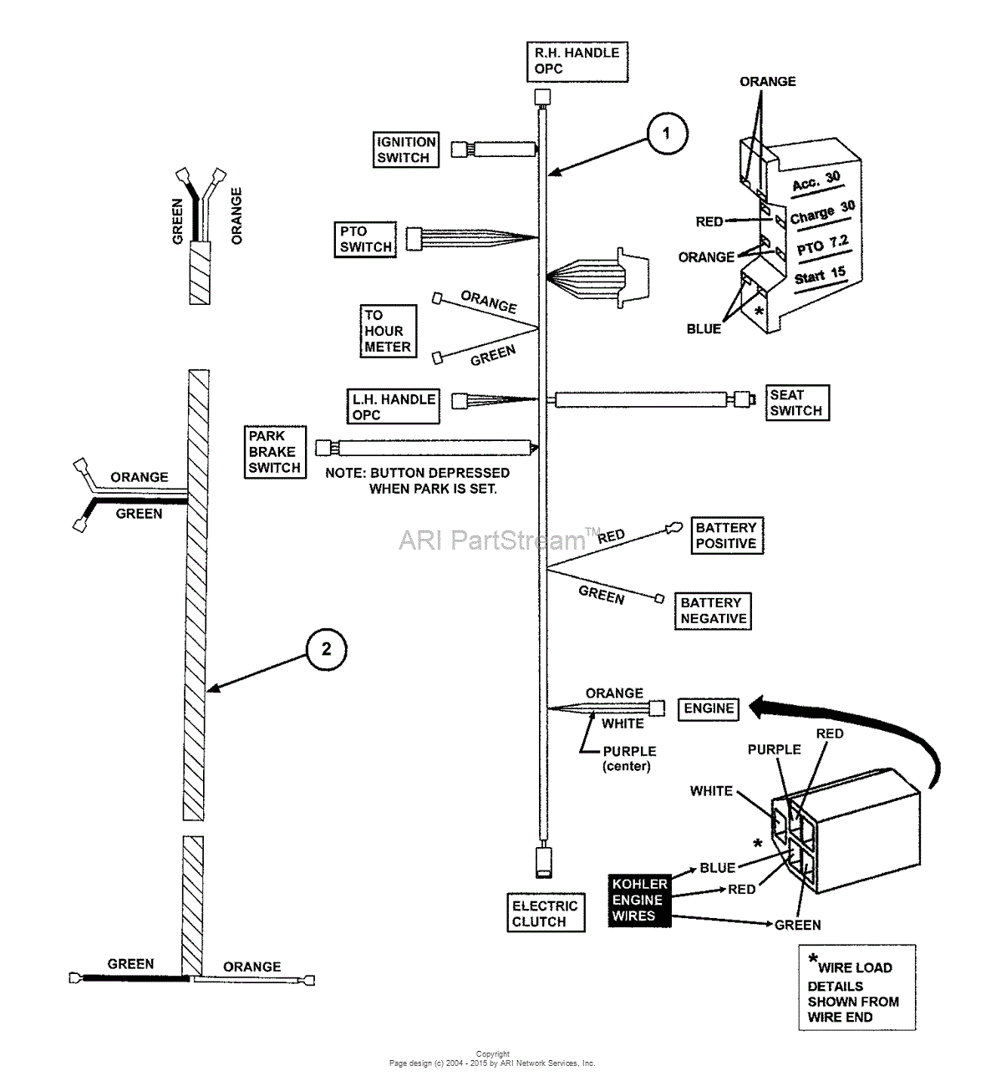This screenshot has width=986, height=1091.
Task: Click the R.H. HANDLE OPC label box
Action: (x=577, y=61)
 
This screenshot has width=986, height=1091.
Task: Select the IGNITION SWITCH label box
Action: (x=406, y=150)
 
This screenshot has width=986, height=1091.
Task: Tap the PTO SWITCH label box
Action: (x=365, y=239)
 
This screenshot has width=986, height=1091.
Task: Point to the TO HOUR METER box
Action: (x=388, y=332)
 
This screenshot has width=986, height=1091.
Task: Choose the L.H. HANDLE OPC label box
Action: (x=394, y=407)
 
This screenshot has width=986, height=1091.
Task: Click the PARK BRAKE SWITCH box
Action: (x=275, y=452)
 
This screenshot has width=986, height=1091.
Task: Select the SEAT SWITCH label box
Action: (x=797, y=403)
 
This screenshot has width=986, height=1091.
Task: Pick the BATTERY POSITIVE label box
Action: (x=726, y=535)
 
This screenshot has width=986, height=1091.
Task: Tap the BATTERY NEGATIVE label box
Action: (x=713, y=611)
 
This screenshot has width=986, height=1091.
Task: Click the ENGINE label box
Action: (x=709, y=708)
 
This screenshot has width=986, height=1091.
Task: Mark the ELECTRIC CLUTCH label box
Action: (x=545, y=914)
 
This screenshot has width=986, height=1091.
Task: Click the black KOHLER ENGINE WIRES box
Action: (x=639, y=900)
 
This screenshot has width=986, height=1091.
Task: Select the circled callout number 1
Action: (x=666, y=134)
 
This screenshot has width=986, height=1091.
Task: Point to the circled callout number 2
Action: (x=326, y=649)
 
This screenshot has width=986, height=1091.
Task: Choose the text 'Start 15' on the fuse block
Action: (x=820, y=276)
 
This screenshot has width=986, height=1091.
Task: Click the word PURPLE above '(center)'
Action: (x=629, y=751)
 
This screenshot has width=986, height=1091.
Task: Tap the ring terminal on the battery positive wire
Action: (x=670, y=527)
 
